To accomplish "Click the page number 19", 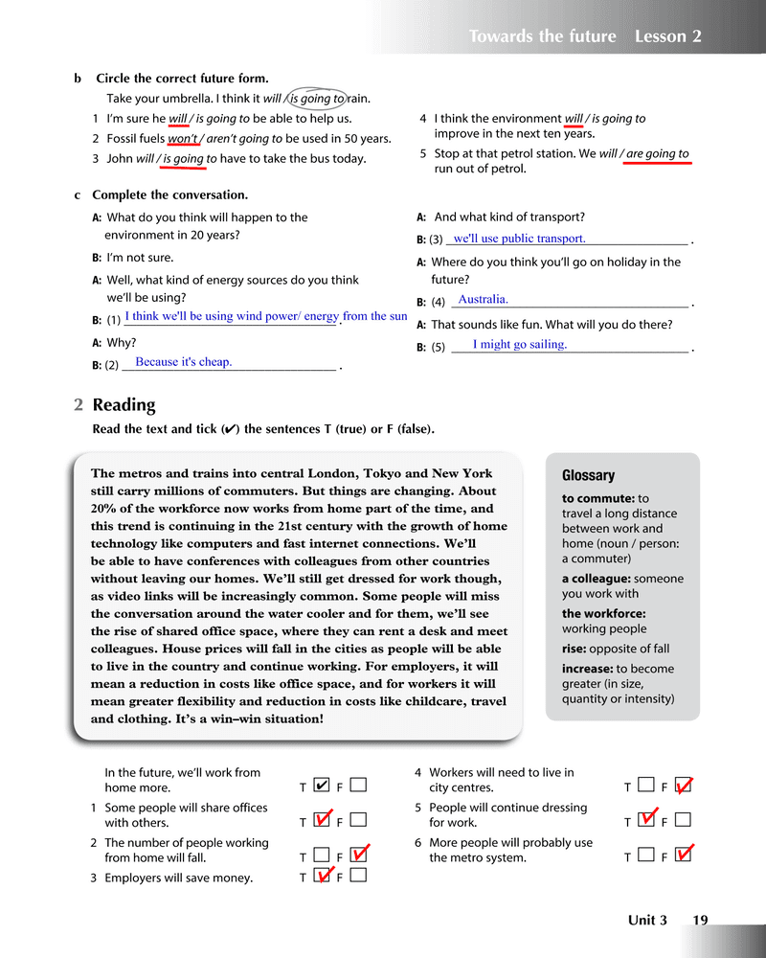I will tap(700, 921).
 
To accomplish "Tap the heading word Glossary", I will tap(588, 475).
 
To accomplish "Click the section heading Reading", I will tap(124, 405).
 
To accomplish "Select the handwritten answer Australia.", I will tap(484, 299).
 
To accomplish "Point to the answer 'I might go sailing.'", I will tap(520, 344).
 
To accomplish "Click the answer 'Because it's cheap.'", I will tap(184, 362).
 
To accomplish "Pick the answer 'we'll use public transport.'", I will tap(519, 239).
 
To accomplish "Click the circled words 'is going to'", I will tap(316, 99).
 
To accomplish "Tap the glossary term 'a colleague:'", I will tap(596, 579).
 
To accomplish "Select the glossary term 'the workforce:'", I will tap(603, 613).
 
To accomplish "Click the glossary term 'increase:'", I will tap(587, 669).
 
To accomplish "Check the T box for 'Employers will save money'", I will tap(323, 877).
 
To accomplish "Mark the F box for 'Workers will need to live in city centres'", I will tap(683, 787).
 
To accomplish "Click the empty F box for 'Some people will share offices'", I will tap(358, 821).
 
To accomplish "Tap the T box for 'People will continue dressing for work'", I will tap(647, 821).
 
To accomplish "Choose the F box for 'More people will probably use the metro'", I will tap(683, 856).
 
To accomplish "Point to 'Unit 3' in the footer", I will tap(647, 921).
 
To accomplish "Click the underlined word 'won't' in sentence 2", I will tap(182, 139).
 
